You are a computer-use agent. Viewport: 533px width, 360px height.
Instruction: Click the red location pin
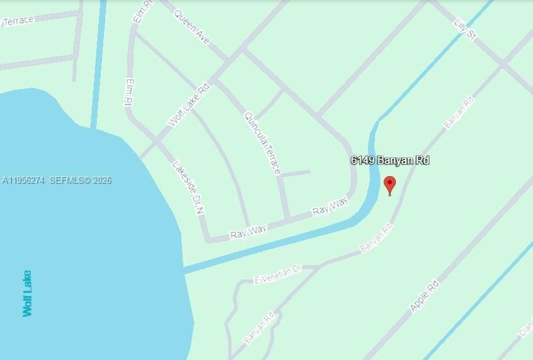coord(390,185)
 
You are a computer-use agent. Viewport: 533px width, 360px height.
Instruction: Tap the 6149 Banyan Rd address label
coord(390,161)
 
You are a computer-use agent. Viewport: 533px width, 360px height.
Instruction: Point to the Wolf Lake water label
coord(27,293)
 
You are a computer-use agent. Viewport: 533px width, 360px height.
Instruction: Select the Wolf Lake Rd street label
coord(189,105)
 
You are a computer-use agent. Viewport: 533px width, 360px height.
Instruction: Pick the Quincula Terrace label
coord(263,143)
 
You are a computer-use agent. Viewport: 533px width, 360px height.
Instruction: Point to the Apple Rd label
coord(424,296)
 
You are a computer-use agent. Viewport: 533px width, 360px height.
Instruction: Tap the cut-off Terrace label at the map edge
coord(18,21)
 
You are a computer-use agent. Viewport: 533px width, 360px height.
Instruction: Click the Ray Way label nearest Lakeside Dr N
coord(248,232)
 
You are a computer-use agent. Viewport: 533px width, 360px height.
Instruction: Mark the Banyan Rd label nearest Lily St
coord(459,112)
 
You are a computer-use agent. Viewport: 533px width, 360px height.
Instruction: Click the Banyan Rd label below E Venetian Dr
coord(259,329)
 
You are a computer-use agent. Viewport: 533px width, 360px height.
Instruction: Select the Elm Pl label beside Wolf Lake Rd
coord(128,92)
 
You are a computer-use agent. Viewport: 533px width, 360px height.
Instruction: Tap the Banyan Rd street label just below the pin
coord(377,238)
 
